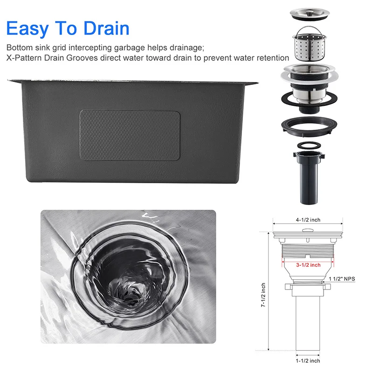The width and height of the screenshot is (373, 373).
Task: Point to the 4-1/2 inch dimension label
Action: click(x=308, y=220)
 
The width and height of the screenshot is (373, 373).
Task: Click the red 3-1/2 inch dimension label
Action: click(x=308, y=265)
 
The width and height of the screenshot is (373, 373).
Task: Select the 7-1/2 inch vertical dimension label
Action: click(x=264, y=297)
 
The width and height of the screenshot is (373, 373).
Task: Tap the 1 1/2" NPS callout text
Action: click(x=342, y=279)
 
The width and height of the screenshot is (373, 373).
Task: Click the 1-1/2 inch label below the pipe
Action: click(x=308, y=360)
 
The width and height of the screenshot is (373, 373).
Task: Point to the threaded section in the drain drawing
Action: click(x=308, y=254)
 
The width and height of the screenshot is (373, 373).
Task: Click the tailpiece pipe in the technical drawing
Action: click(x=308, y=322)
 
